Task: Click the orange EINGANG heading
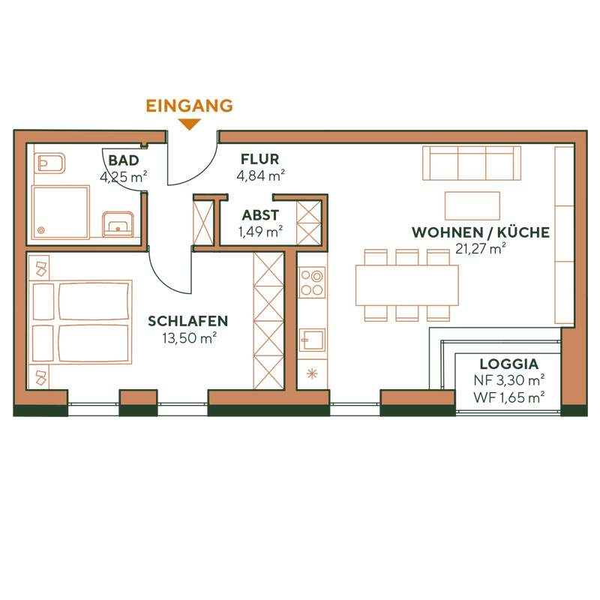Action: [189, 106]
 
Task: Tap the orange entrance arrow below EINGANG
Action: [190, 124]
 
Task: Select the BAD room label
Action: [123, 160]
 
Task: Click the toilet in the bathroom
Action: [52, 162]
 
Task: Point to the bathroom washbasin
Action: [117, 223]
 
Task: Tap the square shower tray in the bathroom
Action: [61, 213]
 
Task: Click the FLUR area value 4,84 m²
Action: [259, 176]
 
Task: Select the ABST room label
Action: [259, 215]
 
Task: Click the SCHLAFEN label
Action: [187, 321]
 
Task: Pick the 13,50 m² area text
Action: [189, 337]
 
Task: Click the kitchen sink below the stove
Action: [311, 340]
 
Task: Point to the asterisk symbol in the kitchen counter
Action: [311, 373]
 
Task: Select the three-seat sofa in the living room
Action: [472, 163]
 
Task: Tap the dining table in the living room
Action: [406, 285]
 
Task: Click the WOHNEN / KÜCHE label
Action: [480, 232]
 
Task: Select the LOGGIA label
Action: [508, 364]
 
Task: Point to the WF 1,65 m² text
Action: [508, 397]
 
